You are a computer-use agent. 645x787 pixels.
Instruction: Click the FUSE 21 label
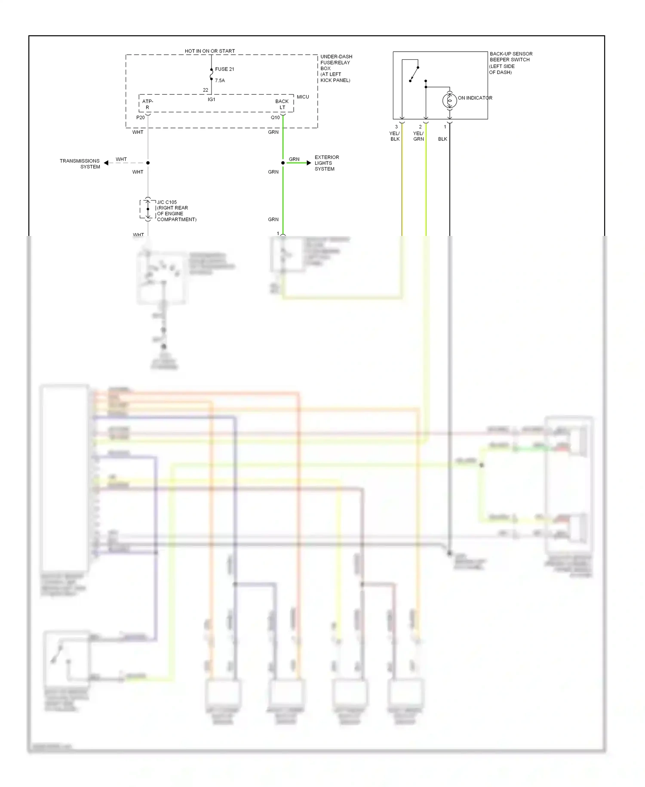click(224, 69)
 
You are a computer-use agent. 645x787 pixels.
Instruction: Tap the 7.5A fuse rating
click(220, 81)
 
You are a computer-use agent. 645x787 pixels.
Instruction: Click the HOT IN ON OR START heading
click(210, 51)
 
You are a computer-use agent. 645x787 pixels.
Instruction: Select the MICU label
click(303, 97)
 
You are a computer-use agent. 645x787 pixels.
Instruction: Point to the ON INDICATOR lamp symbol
click(449, 101)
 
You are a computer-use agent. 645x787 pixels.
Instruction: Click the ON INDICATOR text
click(475, 98)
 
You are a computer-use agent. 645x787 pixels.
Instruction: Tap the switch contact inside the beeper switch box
click(414, 74)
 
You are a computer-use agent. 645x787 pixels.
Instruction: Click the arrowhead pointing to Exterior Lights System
click(308, 163)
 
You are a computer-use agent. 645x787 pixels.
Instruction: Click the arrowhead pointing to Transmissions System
click(106, 163)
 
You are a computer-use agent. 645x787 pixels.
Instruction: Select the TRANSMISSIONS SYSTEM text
click(80, 164)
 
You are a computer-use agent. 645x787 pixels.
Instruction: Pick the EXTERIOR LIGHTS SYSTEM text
click(326, 163)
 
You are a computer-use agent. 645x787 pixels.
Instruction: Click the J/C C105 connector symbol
click(148, 209)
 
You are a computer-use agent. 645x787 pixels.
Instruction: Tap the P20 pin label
click(141, 118)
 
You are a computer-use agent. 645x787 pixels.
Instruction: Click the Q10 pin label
click(275, 118)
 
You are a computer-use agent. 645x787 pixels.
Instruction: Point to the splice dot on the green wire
click(283, 163)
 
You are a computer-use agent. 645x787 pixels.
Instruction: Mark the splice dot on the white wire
click(148, 163)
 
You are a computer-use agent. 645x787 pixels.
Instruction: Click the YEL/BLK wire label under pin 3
click(395, 136)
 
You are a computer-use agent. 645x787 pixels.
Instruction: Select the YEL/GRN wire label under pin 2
click(418, 136)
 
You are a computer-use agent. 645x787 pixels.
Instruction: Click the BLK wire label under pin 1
click(442, 139)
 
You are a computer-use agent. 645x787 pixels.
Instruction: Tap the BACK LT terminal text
click(282, 104)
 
